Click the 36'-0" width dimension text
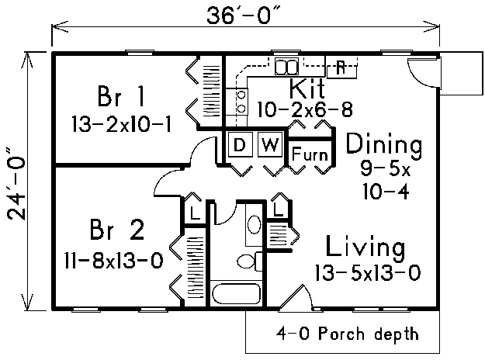point(244,16)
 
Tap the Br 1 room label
point(120,96)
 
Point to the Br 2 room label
point(117,230)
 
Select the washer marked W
point(270,145)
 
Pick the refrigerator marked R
point(341,67)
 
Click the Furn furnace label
point(310,154)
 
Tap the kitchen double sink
point(286,66)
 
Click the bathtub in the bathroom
point(237,293)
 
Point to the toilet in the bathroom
point(250,261)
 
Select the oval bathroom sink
point(255,224)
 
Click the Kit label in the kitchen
point(307,88)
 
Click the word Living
point(365,247)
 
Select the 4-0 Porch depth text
point(348,334)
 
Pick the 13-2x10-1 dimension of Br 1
point(122,124)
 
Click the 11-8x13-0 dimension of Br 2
point(114,261)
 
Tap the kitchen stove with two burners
point(237,102)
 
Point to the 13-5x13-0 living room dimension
point(368,273)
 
